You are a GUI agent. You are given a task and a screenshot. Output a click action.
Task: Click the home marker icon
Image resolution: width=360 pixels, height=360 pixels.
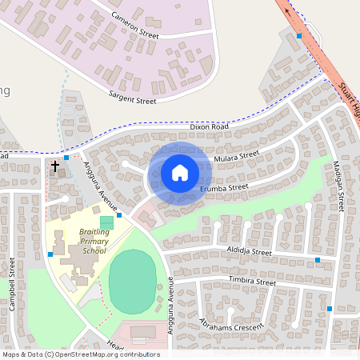point(179,172)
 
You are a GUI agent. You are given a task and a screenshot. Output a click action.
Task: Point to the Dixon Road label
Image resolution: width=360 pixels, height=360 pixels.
point(209,126)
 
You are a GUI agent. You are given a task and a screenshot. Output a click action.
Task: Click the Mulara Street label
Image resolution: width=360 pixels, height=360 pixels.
point(238,156)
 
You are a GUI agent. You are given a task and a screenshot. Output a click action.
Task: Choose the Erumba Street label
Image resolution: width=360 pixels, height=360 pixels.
point(225,188)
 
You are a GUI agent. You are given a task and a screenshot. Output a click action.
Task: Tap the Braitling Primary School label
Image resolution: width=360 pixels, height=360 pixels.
point(93,241)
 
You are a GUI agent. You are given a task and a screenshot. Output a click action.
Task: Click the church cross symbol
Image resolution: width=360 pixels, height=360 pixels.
point(55,166)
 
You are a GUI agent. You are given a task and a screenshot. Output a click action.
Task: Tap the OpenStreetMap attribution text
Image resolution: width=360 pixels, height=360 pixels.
point(81,354)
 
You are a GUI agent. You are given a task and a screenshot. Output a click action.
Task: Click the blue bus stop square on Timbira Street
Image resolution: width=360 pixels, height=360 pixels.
point(329,308)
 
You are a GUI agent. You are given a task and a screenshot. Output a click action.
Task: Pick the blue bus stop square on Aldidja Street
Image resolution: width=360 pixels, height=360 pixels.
point(318,260)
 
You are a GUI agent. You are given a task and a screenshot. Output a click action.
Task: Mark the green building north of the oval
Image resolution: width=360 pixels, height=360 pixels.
point(106,221)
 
